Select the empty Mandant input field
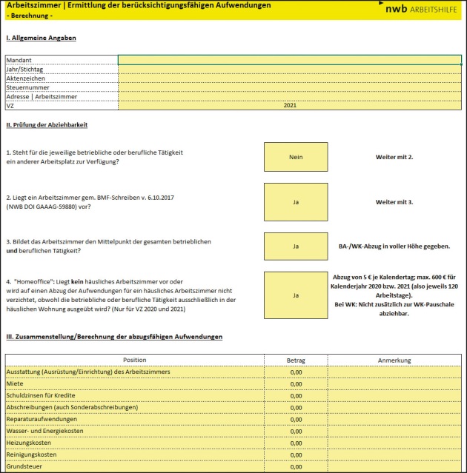pyautogui.click(x=289, y=60)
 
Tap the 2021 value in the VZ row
pyautogui.click(x=289, y=106)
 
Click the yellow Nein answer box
pyautogui.click(x=295, y=157)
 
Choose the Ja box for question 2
pyautogui.click(x=295, y=201)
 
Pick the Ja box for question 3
pyautogui.click(x=295, y=246)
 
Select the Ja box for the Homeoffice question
pyautogui.click(x=295, y=295)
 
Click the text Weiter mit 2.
pyautogui.click(x=394, y=157)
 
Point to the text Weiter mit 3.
pyautogui.click(x=394, y=201)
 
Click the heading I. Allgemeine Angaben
pyautogui.click(x=41, y=37)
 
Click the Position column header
pyautogui.click(x=134, y=360)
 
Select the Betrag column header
pyautogui.click(x=295, y=360)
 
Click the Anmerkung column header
pyautogui.click(x=394, y=360)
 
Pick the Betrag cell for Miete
pyautogui.click(x=295, y=384)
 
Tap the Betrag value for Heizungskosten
pyautogui.click(x=295, y=443)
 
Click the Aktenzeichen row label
pyautogui.click(x=26, y=78)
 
